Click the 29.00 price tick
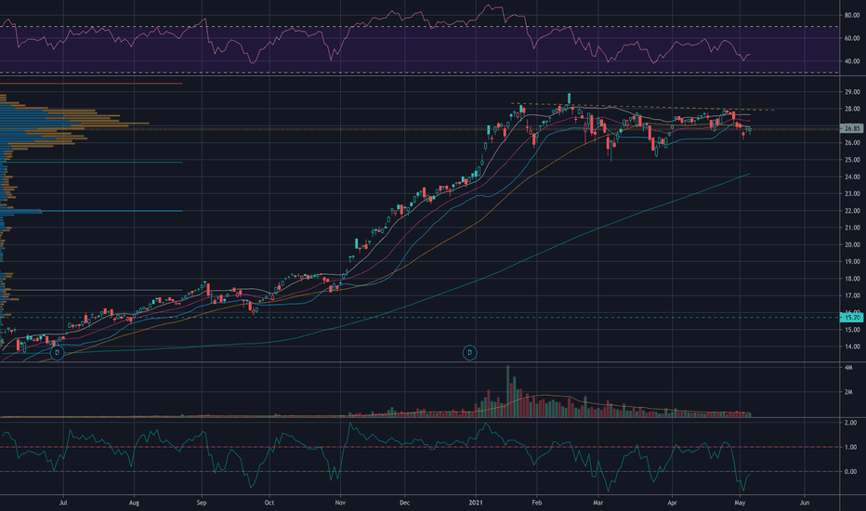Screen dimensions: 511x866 [x=851, y=92]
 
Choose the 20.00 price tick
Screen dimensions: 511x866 [x=851, y=244]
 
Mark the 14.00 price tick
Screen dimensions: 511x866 [x=851, y=347]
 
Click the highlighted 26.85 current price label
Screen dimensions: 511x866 [x=852, y=128]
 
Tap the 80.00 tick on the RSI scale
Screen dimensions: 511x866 [x=851, y=16]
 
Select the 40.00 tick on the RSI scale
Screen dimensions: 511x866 [x=851, y=61]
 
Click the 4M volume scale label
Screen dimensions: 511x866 [x=848, y=369]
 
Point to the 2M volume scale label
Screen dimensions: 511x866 [x=848, y=392]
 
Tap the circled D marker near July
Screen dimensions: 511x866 [x=57, y=353]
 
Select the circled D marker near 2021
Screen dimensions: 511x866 [x=469, y=352]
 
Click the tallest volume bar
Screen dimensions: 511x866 [x=508, y=390]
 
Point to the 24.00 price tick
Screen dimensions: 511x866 [x=851, y=177]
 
